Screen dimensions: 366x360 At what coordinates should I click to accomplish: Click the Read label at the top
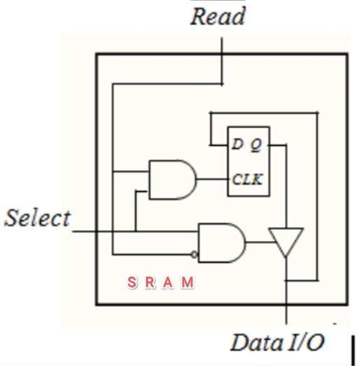pos(218,17)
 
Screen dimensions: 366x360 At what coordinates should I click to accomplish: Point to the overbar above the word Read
pos(218,2)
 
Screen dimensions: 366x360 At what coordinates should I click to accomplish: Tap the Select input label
pos(38,218)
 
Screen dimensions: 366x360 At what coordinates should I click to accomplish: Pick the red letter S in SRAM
pos(132,283)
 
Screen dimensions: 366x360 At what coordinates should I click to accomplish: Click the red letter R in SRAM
pos(150,283)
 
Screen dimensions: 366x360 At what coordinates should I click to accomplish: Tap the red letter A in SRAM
pos(167,283)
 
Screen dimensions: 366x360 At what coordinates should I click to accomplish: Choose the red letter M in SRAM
pos(187,283)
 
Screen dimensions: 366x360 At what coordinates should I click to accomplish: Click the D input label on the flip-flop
pos(237,144)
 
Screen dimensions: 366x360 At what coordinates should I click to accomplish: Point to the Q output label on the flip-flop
pos(256,145)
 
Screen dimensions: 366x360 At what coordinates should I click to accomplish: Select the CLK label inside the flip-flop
pos(247,180)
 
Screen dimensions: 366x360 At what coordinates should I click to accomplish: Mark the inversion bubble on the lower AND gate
pos(194,254)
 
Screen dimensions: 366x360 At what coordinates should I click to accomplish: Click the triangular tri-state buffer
pos(286,241)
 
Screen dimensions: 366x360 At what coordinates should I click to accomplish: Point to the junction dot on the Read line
pos(221,83)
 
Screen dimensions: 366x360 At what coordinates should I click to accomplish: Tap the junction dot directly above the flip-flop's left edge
pos(211,113)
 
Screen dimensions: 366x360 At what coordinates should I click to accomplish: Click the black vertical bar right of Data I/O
pos(353,349)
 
